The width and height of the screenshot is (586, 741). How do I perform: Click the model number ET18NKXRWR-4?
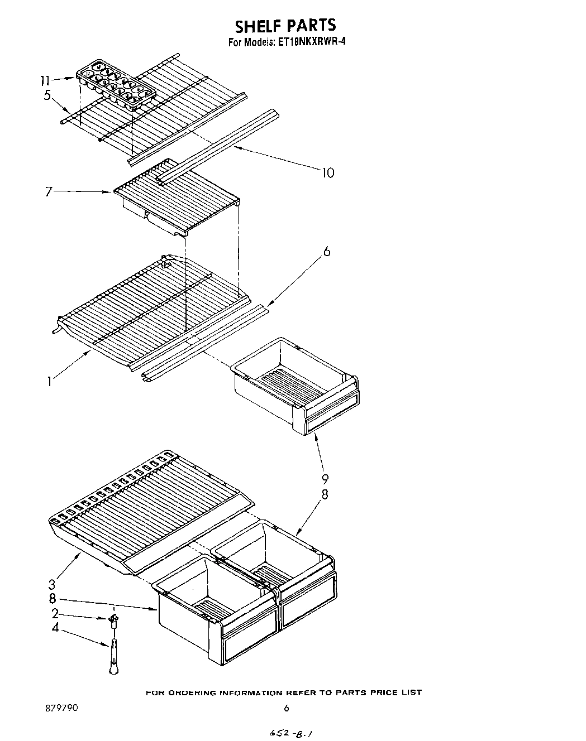coord(310,42)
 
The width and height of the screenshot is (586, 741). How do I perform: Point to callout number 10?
coord(328,172)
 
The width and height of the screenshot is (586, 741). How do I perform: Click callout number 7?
coord(49,192)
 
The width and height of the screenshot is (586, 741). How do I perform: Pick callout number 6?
coord(327,252)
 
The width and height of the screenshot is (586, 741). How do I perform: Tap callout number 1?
coord(50,382)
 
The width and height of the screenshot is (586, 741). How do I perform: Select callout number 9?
coord(325,478)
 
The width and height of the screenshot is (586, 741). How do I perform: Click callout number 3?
coord(51,585)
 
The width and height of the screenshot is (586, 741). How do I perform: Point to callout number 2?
coord(55,614)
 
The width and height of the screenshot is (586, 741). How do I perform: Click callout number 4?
coord(55,627)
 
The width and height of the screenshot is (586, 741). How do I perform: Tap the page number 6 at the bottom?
coord(286,708)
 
